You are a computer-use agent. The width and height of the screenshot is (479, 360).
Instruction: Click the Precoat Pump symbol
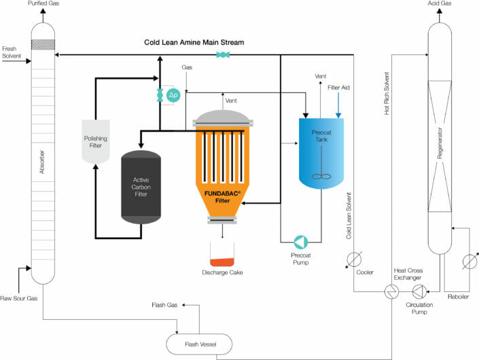tap(300, 241)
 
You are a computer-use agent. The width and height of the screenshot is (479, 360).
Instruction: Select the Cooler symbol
tap(353, 259)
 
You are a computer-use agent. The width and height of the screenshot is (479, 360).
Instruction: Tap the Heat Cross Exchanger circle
tap(392, 291)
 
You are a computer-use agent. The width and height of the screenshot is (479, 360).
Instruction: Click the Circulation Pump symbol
tap(419, 291)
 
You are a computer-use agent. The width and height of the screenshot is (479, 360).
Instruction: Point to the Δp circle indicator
tap(173, 96)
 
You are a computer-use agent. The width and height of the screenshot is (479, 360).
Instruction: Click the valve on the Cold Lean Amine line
tap(221, 55)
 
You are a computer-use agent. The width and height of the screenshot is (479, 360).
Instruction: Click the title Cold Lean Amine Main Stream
tap(194, 42)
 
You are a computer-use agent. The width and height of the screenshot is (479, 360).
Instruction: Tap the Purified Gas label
tap(43, 4)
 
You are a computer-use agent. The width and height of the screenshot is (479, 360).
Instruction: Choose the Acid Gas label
tap(438, 4)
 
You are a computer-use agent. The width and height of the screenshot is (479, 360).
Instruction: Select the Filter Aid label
tap(339, 88)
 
